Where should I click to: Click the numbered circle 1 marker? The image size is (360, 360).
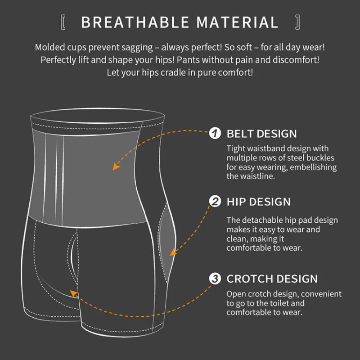216,133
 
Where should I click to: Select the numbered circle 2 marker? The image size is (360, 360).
216,201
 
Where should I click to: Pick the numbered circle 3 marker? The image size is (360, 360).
216,279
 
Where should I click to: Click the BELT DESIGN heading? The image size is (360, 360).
261,134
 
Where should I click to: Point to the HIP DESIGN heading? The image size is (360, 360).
258,202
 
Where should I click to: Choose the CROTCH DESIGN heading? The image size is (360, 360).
272,279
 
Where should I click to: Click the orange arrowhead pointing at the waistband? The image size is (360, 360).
116,166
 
